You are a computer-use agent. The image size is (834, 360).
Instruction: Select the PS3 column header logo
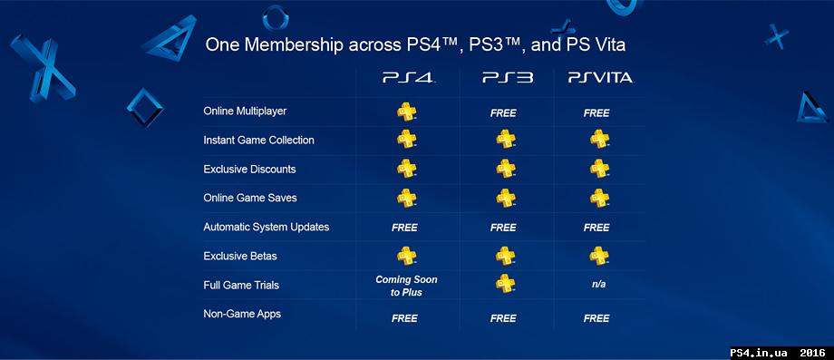[x=507, y=79]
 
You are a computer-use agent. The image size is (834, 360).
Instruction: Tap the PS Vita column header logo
[x=600, y=79]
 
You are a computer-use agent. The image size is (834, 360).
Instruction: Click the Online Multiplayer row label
[x=245, y=112]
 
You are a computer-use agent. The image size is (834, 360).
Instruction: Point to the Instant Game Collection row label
[x=258, y=141]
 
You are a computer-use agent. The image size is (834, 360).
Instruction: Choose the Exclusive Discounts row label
[x=249, y=170]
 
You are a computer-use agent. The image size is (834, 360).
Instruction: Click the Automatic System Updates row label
[x=266, y=228]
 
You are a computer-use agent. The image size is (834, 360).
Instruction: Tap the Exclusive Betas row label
[x=243, y=257]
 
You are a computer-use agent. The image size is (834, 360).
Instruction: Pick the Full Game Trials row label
[x=241, y=286]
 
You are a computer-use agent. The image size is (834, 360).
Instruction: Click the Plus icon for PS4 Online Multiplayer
[x=406, y=112]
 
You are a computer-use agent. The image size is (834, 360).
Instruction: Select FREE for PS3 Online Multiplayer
[x=503, y=113]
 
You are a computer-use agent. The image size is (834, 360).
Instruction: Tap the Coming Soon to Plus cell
[x=405, y=286]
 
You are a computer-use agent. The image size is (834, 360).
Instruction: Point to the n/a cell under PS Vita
[x=597, y=286]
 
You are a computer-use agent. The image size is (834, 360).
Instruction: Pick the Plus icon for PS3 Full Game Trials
[x=505, y=284]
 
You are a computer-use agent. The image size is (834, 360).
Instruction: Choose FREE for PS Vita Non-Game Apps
[x=596, y=318]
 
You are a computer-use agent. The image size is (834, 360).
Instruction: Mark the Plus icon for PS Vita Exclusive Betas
[x=598, y=255]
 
